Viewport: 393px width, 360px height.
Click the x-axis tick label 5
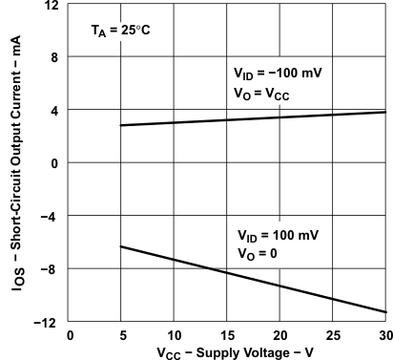[121, 335]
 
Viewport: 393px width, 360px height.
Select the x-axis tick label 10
[174, 335]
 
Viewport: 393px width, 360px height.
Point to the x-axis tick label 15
[227, 335]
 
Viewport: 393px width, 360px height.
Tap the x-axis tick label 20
[279, 335]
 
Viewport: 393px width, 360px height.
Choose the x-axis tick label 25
[333, 335]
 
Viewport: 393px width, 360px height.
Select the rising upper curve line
[253, 118]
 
